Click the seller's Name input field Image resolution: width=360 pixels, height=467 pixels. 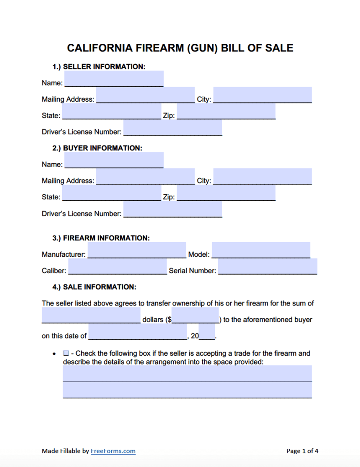[x=114, y=79]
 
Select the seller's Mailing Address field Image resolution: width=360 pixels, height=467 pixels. [x=145, y=95]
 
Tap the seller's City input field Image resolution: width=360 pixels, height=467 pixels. [x=262, y=95]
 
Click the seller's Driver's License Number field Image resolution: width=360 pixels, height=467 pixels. [x=172, y=128]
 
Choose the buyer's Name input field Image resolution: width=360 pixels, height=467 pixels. [x=114, y=161]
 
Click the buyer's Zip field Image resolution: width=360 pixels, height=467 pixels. [x=226, y=193]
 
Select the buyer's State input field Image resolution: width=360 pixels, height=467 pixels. [x=111, y=193]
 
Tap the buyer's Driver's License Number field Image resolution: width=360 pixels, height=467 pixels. [x=172, y=210]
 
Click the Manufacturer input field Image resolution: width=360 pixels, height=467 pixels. [x=136, y=250]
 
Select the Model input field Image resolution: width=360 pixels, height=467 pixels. [x=261, y=250]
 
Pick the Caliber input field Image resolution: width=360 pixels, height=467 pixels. [x=117, y=267]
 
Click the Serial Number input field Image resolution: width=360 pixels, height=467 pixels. [x=267, y=267]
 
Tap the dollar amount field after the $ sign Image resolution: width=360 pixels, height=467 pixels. [x=195, y=316]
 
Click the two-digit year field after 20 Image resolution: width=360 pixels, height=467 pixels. [x=207, y=332]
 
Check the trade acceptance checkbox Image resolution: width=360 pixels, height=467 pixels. [x=66, y=353]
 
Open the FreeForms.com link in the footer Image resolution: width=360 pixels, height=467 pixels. [x=113, y=451]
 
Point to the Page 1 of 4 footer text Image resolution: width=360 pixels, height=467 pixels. [x=302, y=451]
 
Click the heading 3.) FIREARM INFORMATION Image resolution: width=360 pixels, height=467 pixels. [x=101, y=238]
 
